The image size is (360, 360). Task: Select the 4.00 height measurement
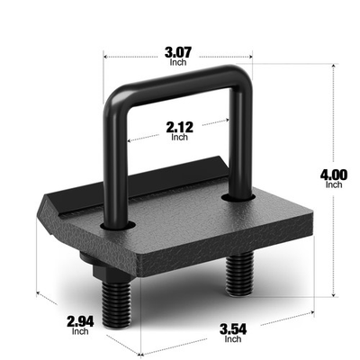335,171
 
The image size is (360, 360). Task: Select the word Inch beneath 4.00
335,184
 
